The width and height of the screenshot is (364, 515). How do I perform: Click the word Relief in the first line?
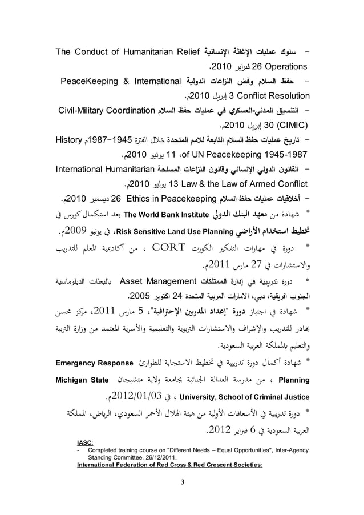182,55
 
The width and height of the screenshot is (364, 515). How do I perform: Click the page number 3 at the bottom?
182,485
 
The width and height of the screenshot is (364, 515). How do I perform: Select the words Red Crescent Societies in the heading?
223,465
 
